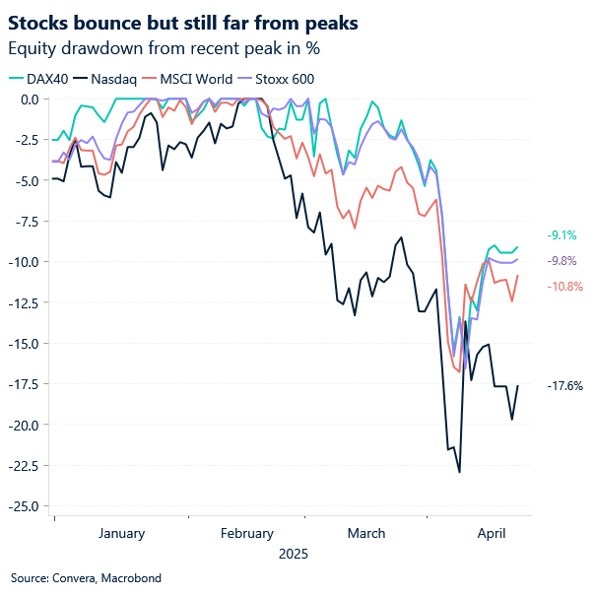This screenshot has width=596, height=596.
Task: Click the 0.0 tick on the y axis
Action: point(29,99)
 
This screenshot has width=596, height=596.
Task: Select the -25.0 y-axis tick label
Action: point(25,506)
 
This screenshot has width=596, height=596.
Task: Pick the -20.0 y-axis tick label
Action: point(25,425)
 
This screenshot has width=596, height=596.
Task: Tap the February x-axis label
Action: point(247,534)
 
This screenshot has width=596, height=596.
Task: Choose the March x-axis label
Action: point(365,534)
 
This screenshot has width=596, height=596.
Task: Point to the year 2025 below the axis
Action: point(293,555)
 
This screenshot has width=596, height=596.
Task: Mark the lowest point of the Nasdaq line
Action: point(460,472)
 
